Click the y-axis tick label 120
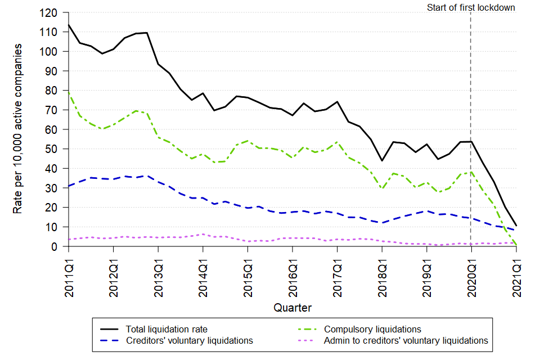(53, 12)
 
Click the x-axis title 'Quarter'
(292, 308)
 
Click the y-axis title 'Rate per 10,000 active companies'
(18, 129)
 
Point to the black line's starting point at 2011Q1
(69, 25)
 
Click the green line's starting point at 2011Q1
(69, 92)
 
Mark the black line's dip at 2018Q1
(382, 161)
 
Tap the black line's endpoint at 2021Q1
(516, 226)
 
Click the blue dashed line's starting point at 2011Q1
(69, 186)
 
